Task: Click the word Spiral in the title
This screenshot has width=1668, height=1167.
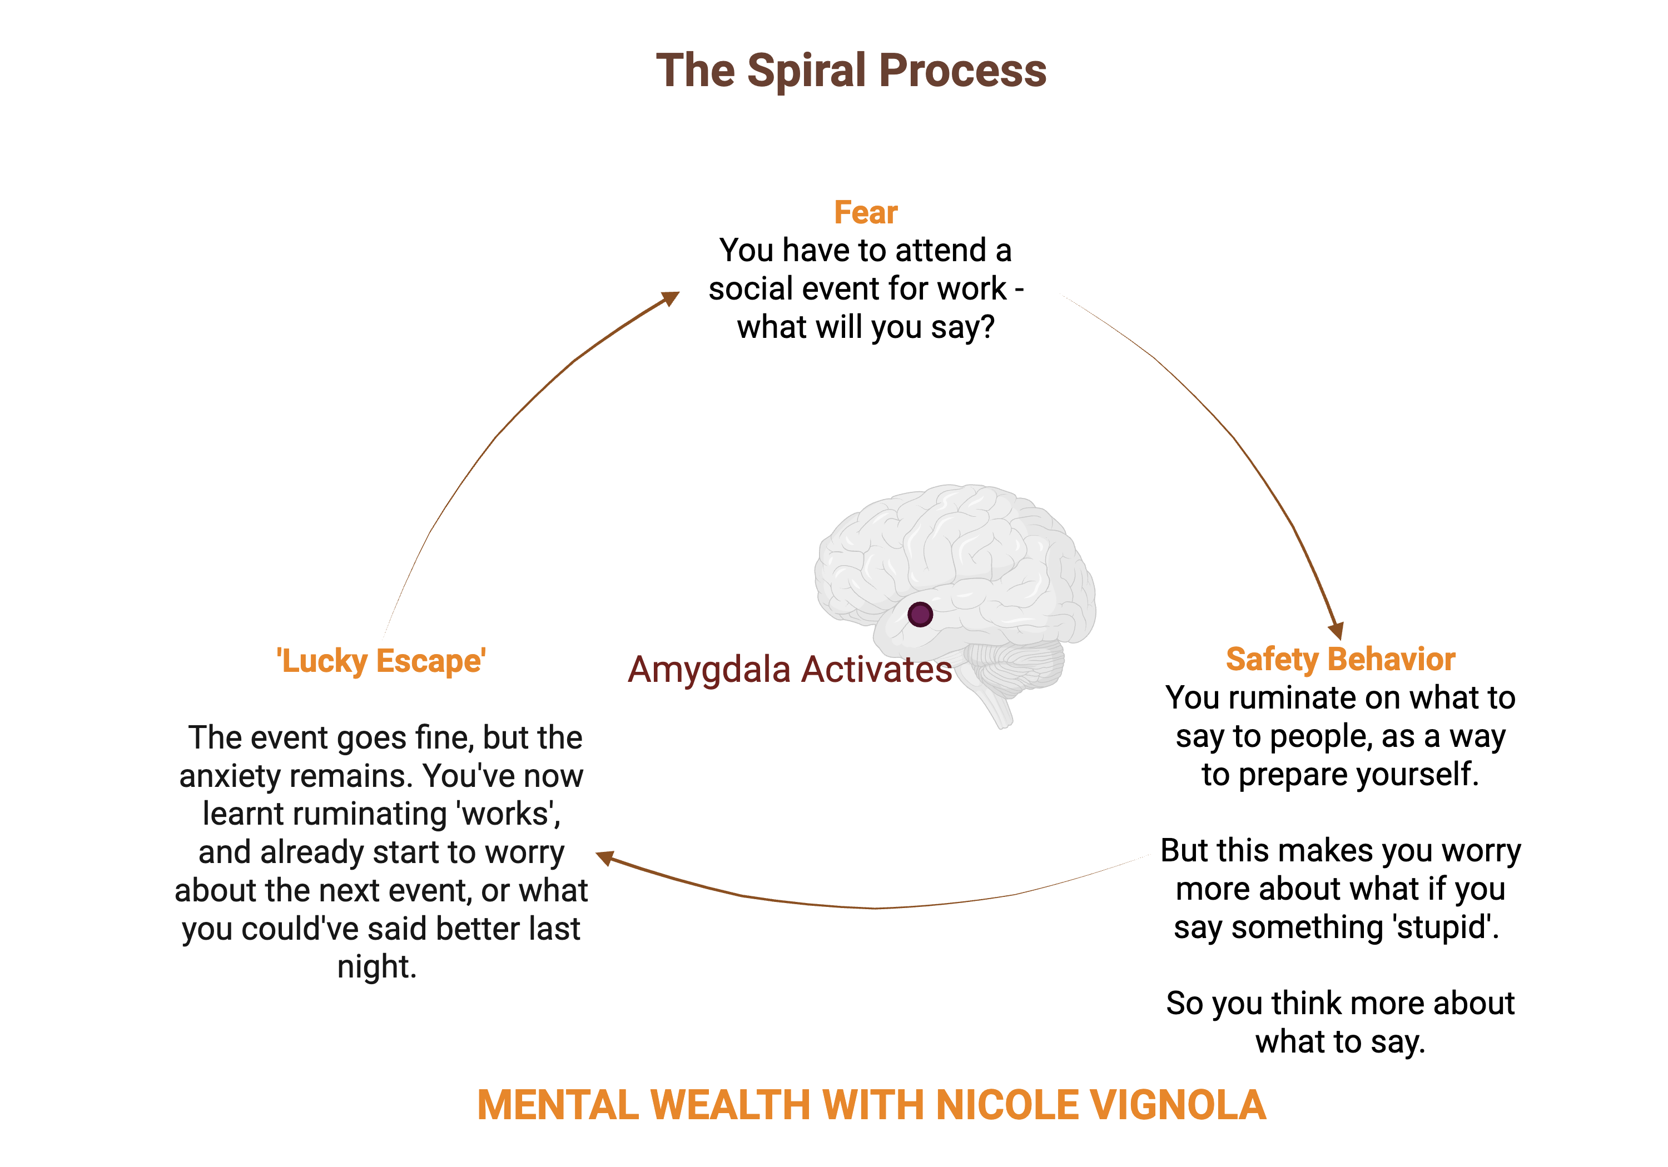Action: click(806, 71)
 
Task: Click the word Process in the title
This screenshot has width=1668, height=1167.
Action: click(962, 71)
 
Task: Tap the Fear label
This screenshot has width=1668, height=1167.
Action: click(865, 213)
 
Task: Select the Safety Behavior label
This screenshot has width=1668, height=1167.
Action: click(1341, 660)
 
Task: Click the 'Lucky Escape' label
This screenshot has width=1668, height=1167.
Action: click(381, 661)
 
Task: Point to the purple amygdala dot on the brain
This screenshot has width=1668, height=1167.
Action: click(920, 615)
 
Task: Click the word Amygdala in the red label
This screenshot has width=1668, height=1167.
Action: click(709, 670)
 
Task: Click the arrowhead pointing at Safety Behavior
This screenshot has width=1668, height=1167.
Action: click(1336, 630)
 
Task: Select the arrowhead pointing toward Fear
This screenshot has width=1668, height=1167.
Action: click(670, 298)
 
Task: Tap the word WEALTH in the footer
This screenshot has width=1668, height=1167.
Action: click(729, 1105)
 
